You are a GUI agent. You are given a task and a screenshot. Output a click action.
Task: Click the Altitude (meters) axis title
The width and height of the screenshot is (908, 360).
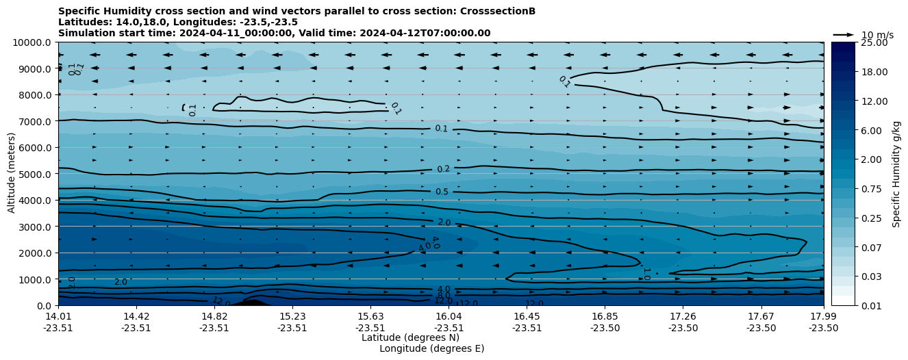point(12,174)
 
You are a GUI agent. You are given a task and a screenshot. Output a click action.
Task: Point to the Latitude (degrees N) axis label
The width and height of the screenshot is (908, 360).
point(410,337)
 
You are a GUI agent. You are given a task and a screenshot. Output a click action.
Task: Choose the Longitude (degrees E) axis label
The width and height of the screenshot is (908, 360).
point(431,348)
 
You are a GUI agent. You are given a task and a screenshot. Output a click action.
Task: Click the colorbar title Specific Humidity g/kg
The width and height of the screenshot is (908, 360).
point(896,174)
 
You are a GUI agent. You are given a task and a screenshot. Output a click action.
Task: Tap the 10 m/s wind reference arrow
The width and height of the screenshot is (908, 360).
point(844,34)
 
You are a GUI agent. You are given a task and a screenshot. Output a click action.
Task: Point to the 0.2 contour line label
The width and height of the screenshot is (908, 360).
point(443,169)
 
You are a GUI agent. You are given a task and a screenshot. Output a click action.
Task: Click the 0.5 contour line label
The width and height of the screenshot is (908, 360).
point(442,192)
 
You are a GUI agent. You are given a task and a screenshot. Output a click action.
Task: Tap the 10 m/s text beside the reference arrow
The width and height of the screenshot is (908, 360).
point(877,35)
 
